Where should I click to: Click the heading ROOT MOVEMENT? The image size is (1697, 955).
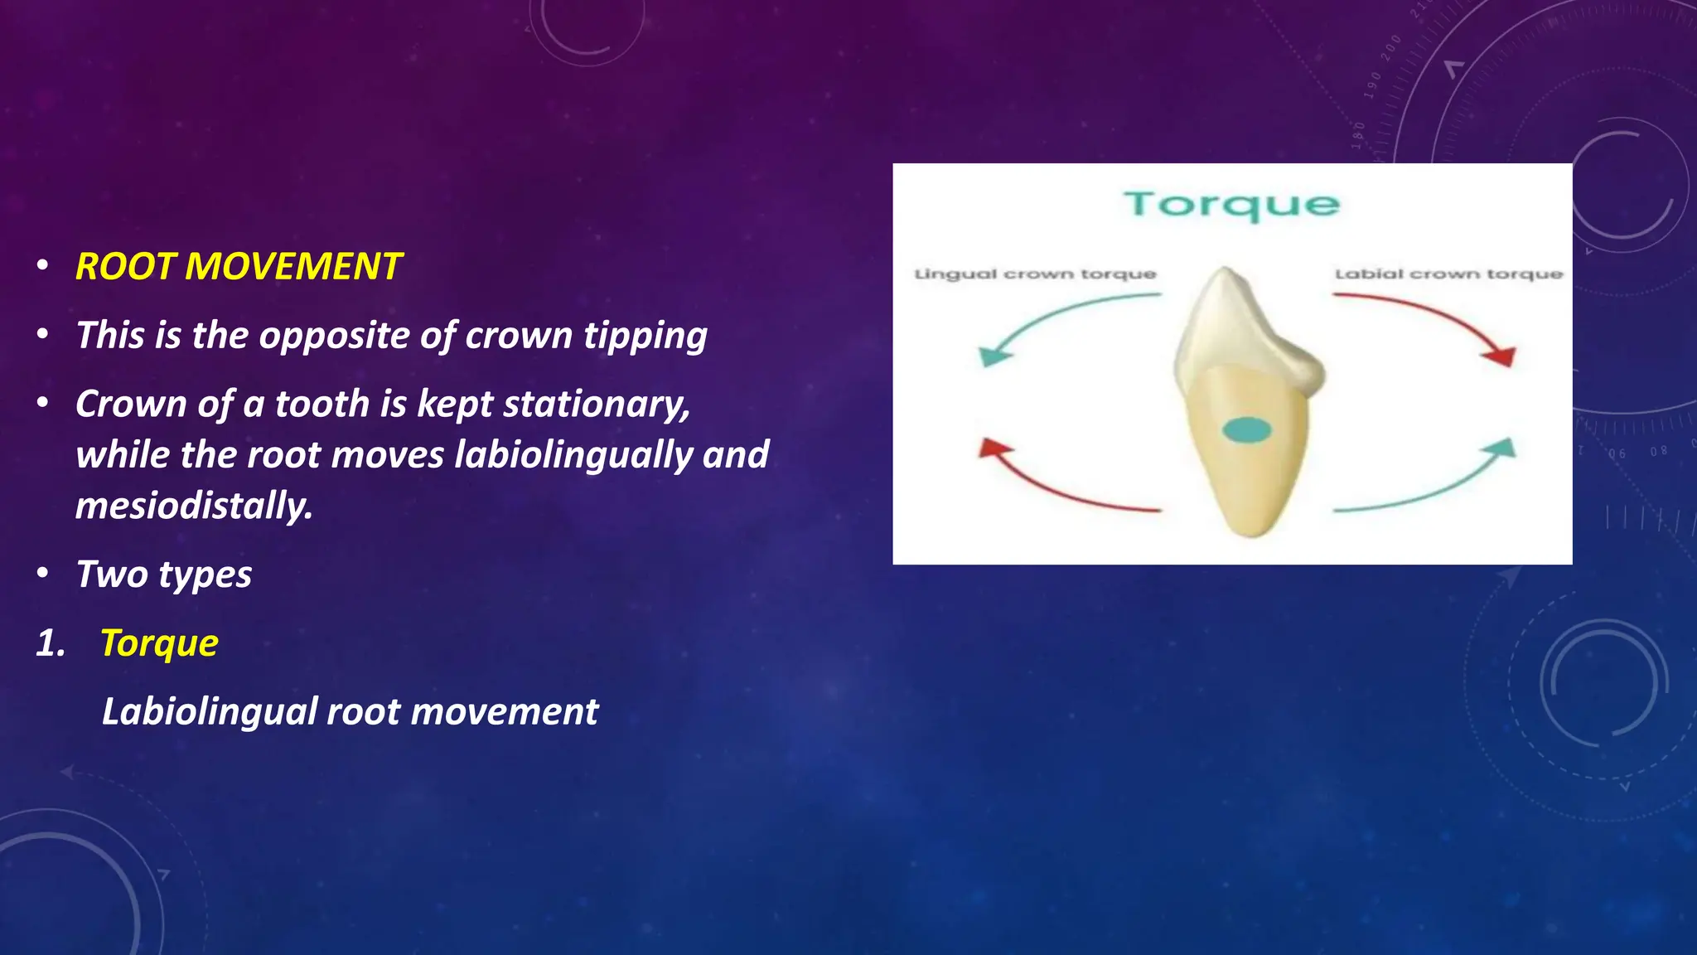point(238,267)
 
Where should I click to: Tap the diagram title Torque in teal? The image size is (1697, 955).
point(1231,205)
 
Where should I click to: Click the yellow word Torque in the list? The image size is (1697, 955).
point(159,643)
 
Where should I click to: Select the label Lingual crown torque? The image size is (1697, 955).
point(1035,274)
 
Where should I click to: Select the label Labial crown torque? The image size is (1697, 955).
point(1448,274)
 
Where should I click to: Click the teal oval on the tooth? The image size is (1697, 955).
point(1247,430)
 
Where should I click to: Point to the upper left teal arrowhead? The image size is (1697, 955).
point(994,356)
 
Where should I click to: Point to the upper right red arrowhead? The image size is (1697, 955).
point(1501,356)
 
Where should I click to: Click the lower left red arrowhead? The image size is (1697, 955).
point(994,449)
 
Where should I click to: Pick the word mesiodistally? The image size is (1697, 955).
point(194,507)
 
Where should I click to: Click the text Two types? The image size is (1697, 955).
point(163,574)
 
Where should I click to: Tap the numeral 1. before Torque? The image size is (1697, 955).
point(51,643)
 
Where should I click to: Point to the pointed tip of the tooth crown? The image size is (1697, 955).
point(1225,271)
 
